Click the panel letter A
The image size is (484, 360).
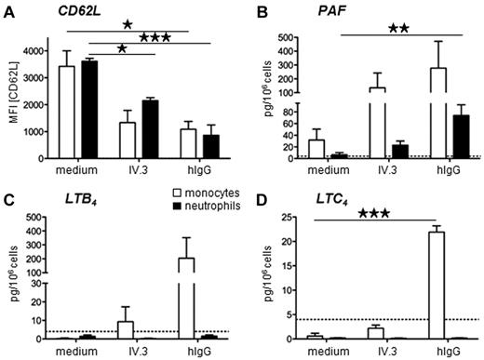pyautogui.click(x=8, y=8)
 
